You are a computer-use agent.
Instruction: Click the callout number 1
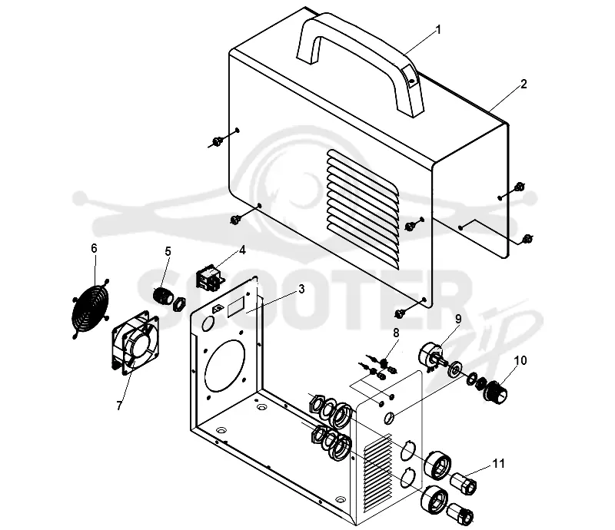pos(438,30)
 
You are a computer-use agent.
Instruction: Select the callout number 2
pos(524,84)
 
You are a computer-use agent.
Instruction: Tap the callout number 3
pos(301,289)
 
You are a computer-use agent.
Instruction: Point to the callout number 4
pos(242,250)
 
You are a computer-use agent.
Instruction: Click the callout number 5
pos(168,251)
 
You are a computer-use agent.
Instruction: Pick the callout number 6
pos(94,248)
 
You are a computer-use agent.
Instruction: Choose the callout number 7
pos(119,406)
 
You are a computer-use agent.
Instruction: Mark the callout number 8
pos(396,333)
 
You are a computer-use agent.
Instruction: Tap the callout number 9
pos(458,319)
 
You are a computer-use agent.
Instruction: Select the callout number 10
pos(520,360)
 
